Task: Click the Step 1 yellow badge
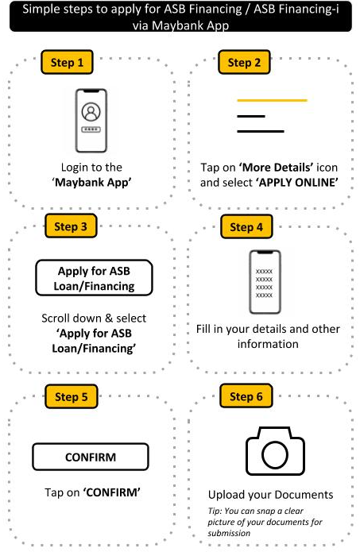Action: [x=67, y=62]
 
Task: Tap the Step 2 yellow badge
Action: [x=244, y=62]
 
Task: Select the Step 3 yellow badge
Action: [x=71, y=226]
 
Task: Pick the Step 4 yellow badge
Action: [x=246, y=226]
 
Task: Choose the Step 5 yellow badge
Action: [x=72, y=396]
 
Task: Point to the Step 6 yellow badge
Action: [x=246, y=396]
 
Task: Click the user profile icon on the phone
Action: [x=91, y=112]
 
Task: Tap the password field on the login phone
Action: [x=91, y=129]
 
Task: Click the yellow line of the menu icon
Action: [x=273, y=100]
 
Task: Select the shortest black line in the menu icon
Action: [x=251, y=116]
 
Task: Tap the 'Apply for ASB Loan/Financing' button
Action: [x=94, y=278]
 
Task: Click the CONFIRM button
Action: [x=91, y=457]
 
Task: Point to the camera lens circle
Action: [x=275, y=455]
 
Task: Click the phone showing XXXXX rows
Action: [x=265, y=282]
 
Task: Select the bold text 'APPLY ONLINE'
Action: [x=297, y=183]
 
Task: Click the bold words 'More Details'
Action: [x=277, y=168]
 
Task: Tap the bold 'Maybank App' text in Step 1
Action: [x=91, y=183]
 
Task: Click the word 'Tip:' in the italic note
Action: [x=215, y=511]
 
